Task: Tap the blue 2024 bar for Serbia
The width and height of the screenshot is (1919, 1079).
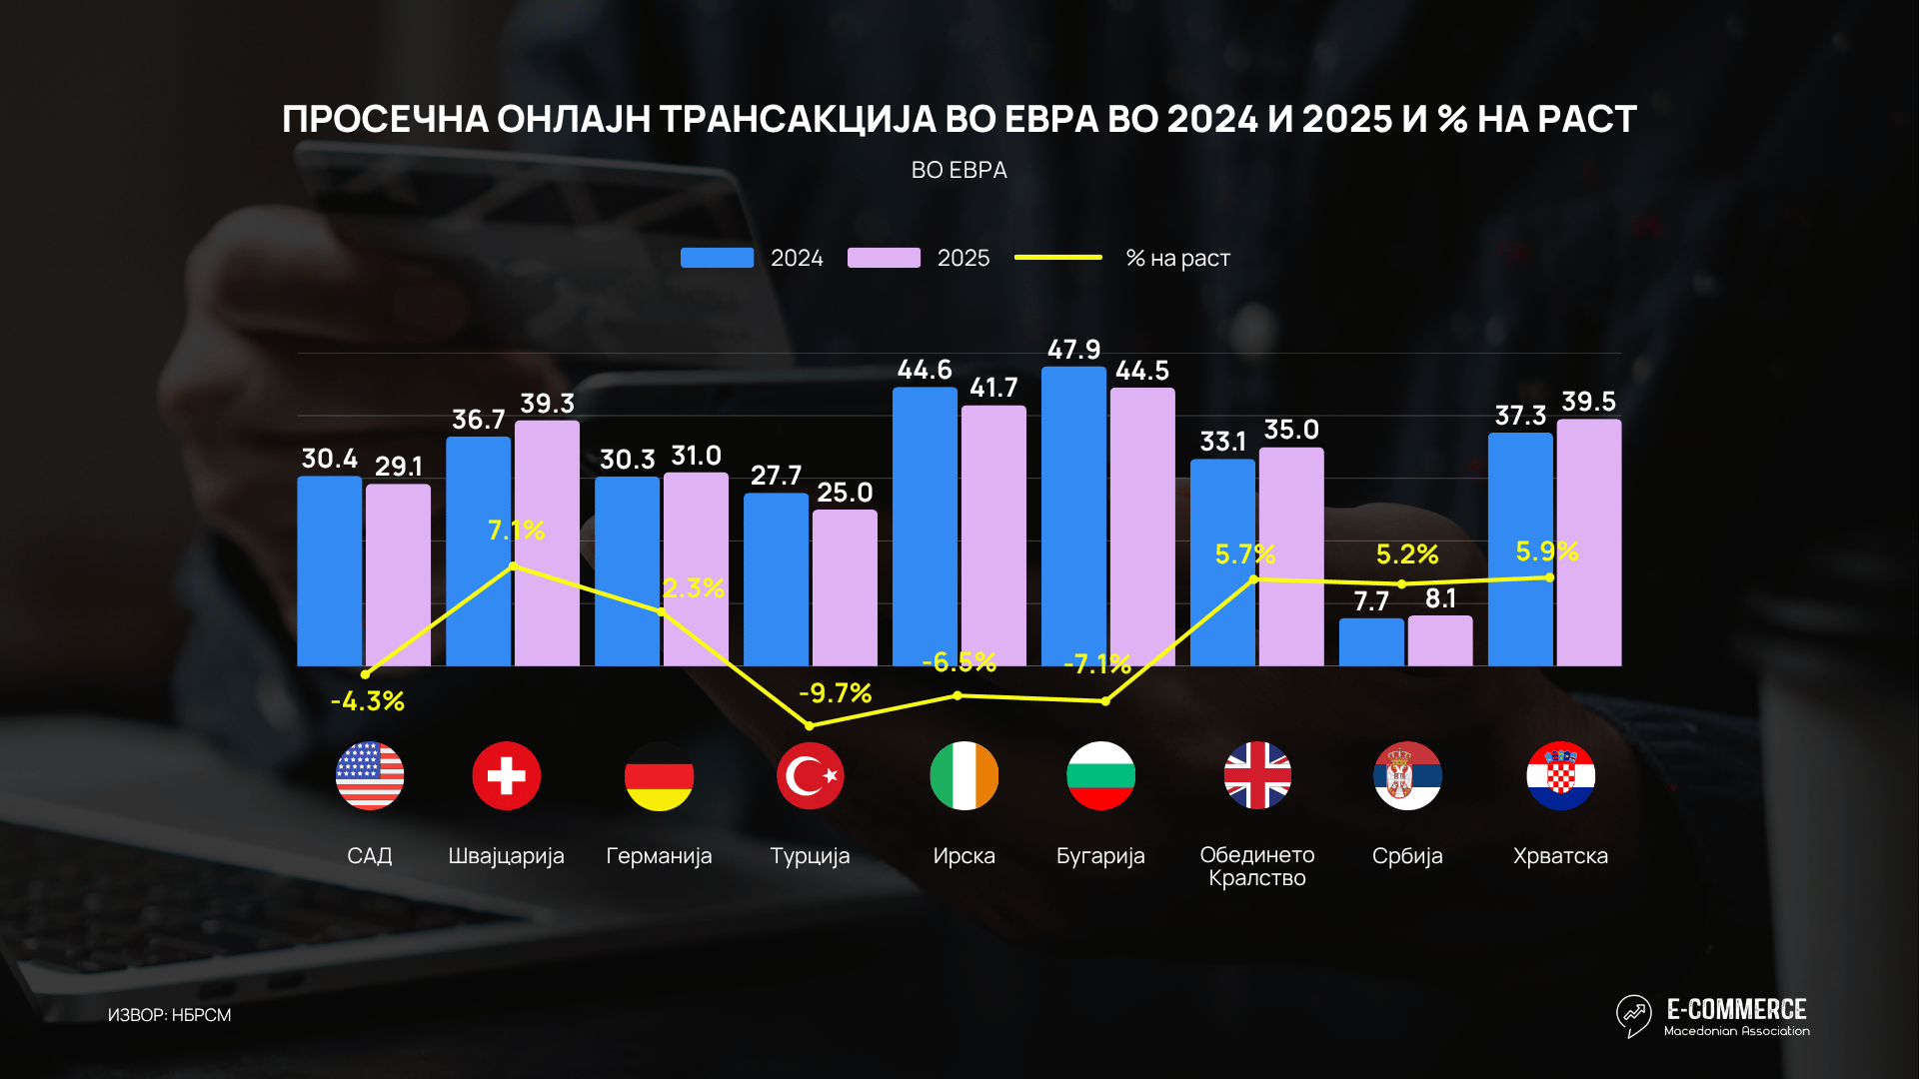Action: click(1371, 641)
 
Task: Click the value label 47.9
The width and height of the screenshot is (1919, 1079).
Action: click(1073, 350)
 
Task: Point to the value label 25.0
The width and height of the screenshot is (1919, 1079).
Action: click(845, 493)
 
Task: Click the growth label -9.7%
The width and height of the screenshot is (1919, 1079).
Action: click(835, 692)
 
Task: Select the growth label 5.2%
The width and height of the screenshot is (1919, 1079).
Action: click(1406, 554)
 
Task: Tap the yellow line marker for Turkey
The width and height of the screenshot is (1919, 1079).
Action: click(810, 725)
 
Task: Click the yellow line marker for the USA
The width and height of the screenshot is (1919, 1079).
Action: click(365, 674)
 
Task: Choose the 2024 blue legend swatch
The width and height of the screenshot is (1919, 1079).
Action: click(717, 258)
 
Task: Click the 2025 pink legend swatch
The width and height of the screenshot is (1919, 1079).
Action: click(884, 258)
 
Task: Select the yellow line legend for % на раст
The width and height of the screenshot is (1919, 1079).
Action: click(1057, 258)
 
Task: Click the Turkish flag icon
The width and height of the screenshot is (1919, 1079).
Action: click(810, 775)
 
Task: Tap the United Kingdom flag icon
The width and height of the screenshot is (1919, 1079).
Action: click(1257, 775)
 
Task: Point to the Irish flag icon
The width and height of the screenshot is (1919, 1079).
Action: click(963, 775)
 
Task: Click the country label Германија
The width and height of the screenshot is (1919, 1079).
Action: click(659, 856)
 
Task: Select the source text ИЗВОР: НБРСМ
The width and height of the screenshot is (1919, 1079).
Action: click(169, 1015)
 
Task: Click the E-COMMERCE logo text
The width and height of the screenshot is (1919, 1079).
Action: click(1736, 1009)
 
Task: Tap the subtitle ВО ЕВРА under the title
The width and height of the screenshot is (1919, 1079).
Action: click(959, 171)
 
